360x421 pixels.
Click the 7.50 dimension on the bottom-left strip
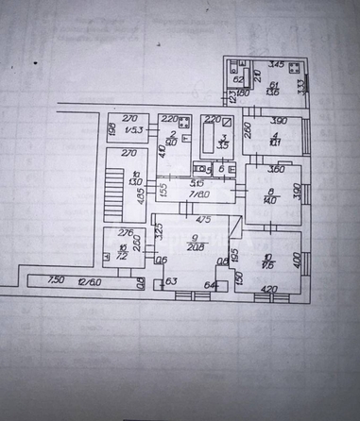click(56, 278)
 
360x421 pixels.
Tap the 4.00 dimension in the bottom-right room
click(296, 256)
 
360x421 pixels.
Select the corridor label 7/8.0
click(199, 193)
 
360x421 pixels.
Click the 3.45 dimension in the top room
click(277, 63)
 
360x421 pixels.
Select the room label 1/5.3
click(134, 130)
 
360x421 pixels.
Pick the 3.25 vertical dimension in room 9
click(159, 229)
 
